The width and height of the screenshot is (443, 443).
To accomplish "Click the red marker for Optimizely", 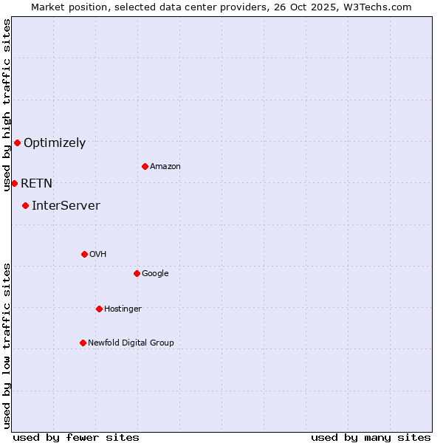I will [x=17, y=142].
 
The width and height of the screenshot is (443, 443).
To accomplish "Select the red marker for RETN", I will [x=14, y=183].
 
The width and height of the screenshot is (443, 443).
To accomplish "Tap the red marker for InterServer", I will [x=25, y=205].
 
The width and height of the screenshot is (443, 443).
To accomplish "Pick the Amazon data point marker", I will [x=145, y=166].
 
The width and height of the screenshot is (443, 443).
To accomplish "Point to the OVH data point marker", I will [x=84, y=254].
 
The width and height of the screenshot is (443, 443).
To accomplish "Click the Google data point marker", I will [x=137, y=273].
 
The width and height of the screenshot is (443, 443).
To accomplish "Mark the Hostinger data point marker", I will [x=99, y=309].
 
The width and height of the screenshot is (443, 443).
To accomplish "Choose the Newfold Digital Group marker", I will [x=83, y=343].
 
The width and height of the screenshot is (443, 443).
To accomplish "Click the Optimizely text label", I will [x=55, y=143].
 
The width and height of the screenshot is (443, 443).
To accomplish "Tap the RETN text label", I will [x=36, y=184].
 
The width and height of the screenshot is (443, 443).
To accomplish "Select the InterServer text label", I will [x=66, y=206].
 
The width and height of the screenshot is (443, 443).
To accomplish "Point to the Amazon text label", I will [x=165, y=167].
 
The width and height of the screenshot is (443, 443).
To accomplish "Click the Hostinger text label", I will [x=123, y=309].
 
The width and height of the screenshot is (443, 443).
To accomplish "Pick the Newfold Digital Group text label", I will [x=131, y=343].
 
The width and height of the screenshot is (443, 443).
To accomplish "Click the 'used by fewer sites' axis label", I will [x=76, y=437].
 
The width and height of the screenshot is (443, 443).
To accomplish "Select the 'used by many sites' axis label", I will [x=371, y=437].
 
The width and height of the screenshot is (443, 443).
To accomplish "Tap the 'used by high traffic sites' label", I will [x=7, y=105].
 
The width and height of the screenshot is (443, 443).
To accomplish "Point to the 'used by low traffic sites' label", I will [x=7, y=345].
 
